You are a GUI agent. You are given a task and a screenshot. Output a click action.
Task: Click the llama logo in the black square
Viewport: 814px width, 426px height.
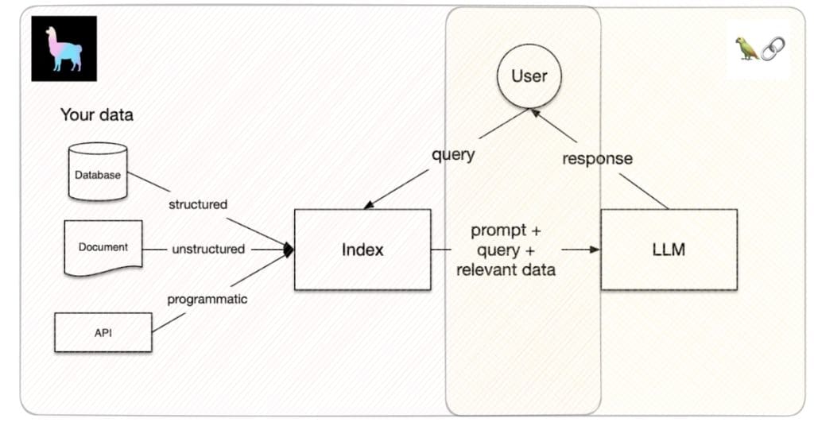click(x=64, y=48)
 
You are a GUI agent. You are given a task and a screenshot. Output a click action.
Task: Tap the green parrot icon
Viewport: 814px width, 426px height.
click(x=747, y=48)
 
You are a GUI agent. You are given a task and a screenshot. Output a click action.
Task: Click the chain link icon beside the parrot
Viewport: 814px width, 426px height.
click(x=773, y=48)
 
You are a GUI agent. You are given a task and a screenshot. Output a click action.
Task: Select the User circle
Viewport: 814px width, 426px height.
click(x=529, y=76)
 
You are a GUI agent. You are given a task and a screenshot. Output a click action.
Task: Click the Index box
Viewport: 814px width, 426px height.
click(x=362, y=250)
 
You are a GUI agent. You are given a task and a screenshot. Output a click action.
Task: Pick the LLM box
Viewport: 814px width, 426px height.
click(x=669, y=250)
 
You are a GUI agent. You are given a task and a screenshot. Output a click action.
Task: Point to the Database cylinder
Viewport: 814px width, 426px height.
click(x=98, y=172)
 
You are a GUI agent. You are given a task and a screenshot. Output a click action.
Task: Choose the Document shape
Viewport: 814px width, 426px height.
click(x=103, y=248)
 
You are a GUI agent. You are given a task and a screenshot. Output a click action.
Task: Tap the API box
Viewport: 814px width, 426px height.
click(x=103, y=332)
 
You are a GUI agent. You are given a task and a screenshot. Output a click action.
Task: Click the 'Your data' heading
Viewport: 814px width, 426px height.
click(x=96, y=114)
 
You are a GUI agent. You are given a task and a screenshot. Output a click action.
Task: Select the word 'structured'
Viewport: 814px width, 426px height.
click(x=198, y=204)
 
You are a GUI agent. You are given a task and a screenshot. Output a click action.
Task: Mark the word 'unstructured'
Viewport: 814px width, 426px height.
click(x=208, y=249)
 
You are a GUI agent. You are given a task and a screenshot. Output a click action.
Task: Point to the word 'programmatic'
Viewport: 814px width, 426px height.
click(x=207, y=300)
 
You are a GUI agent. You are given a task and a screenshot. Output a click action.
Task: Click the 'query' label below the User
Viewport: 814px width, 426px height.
click(x=453, y=155)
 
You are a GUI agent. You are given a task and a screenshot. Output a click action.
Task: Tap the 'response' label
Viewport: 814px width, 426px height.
click(x=598, y=158)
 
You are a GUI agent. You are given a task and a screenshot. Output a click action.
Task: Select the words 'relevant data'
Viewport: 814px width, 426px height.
click(x=506, y=269)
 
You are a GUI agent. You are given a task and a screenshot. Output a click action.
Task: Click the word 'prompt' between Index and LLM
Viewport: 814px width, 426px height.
click(x=498, y=230)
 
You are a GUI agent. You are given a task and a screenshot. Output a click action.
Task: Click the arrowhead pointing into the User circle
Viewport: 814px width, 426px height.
click(x=535, y=113)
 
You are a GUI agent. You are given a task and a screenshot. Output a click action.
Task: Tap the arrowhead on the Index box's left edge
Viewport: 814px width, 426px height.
click(x=289, y=250)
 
